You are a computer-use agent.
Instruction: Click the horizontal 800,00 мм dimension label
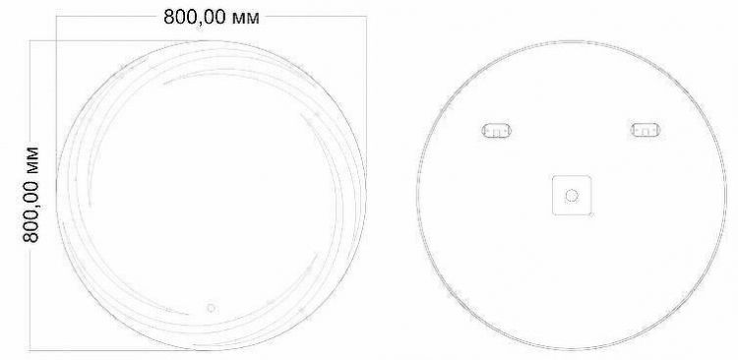pyautogui.click(x=212, y=19)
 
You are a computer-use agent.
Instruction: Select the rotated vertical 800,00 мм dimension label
pyautogui.click(x=32, y=197)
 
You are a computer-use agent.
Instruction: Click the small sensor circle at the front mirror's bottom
pyautogui.click(x=210, y=309)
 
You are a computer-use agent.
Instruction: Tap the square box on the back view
pyautogui.click(x=571, y=194)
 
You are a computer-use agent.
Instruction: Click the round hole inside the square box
pyautogui.click(x=571, y=195)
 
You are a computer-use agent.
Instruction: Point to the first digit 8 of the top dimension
pyautogui.click(x=169, y=19)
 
